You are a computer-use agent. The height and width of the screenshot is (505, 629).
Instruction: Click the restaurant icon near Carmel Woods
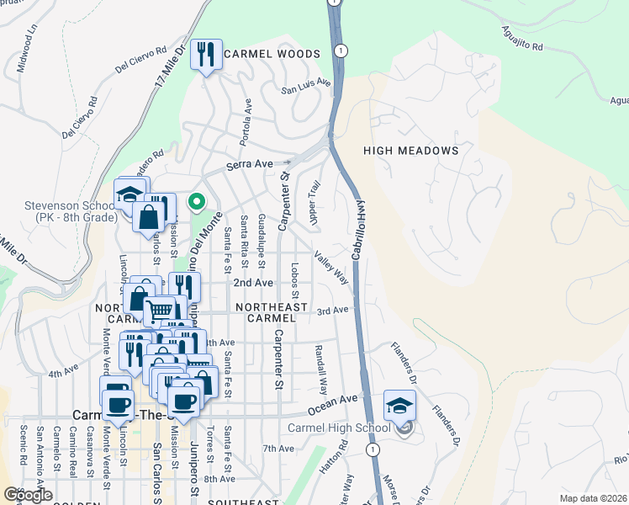pos(206,55)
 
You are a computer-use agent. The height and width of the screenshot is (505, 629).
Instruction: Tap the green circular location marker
pos(196,201)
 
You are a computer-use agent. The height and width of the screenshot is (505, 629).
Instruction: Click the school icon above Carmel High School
pos(400,406)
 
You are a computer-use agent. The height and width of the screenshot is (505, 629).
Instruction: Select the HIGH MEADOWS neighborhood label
pos(410,151)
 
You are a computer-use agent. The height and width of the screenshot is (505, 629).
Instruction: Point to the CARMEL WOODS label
pos(272,54)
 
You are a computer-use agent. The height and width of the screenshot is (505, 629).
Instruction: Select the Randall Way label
pos(320,369)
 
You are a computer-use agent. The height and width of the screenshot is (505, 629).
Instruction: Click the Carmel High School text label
pos(338,428)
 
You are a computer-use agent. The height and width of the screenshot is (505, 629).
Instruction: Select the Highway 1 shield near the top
pos(340,51)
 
